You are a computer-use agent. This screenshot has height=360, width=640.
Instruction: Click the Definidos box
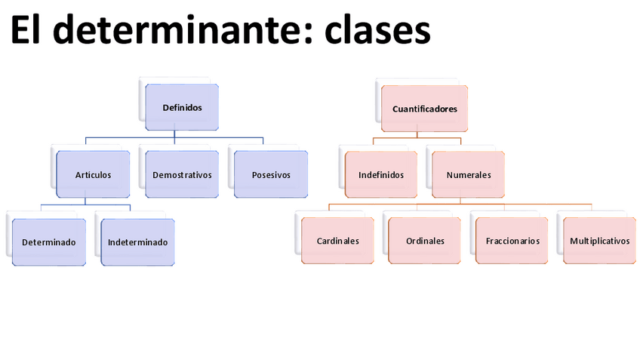[x=182, y=107]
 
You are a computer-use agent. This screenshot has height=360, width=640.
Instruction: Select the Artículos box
[x=93, y=174]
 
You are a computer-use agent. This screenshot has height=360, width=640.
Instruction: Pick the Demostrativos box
[x=182, y=174]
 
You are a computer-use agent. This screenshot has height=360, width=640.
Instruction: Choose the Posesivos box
[x=271, y=174]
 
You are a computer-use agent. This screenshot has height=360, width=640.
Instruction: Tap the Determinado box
[x=48, y=242]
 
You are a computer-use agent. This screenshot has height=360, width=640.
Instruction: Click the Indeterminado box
[x=137, y=242]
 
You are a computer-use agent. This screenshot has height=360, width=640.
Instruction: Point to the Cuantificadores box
[x=425, y=109]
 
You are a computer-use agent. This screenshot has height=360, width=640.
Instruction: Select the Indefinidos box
[x=381, y=174]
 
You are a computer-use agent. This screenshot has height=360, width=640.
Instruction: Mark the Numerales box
[x=469, y=174]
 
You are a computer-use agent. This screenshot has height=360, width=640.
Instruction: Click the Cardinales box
[x=337, y=241]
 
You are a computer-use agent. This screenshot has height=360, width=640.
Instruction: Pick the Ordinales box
[x=425, y=241]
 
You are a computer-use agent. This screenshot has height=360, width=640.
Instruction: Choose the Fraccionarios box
[x=512, y=241]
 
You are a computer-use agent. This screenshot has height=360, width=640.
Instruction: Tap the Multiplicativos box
[x=600, y=241]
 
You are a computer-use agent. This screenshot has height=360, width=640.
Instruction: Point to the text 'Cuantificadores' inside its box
[x=425, y=109]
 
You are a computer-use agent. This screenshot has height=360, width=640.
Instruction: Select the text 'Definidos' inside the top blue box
[x=182, y=107]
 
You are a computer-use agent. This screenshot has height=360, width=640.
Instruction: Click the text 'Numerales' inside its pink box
[x=469, y=174]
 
